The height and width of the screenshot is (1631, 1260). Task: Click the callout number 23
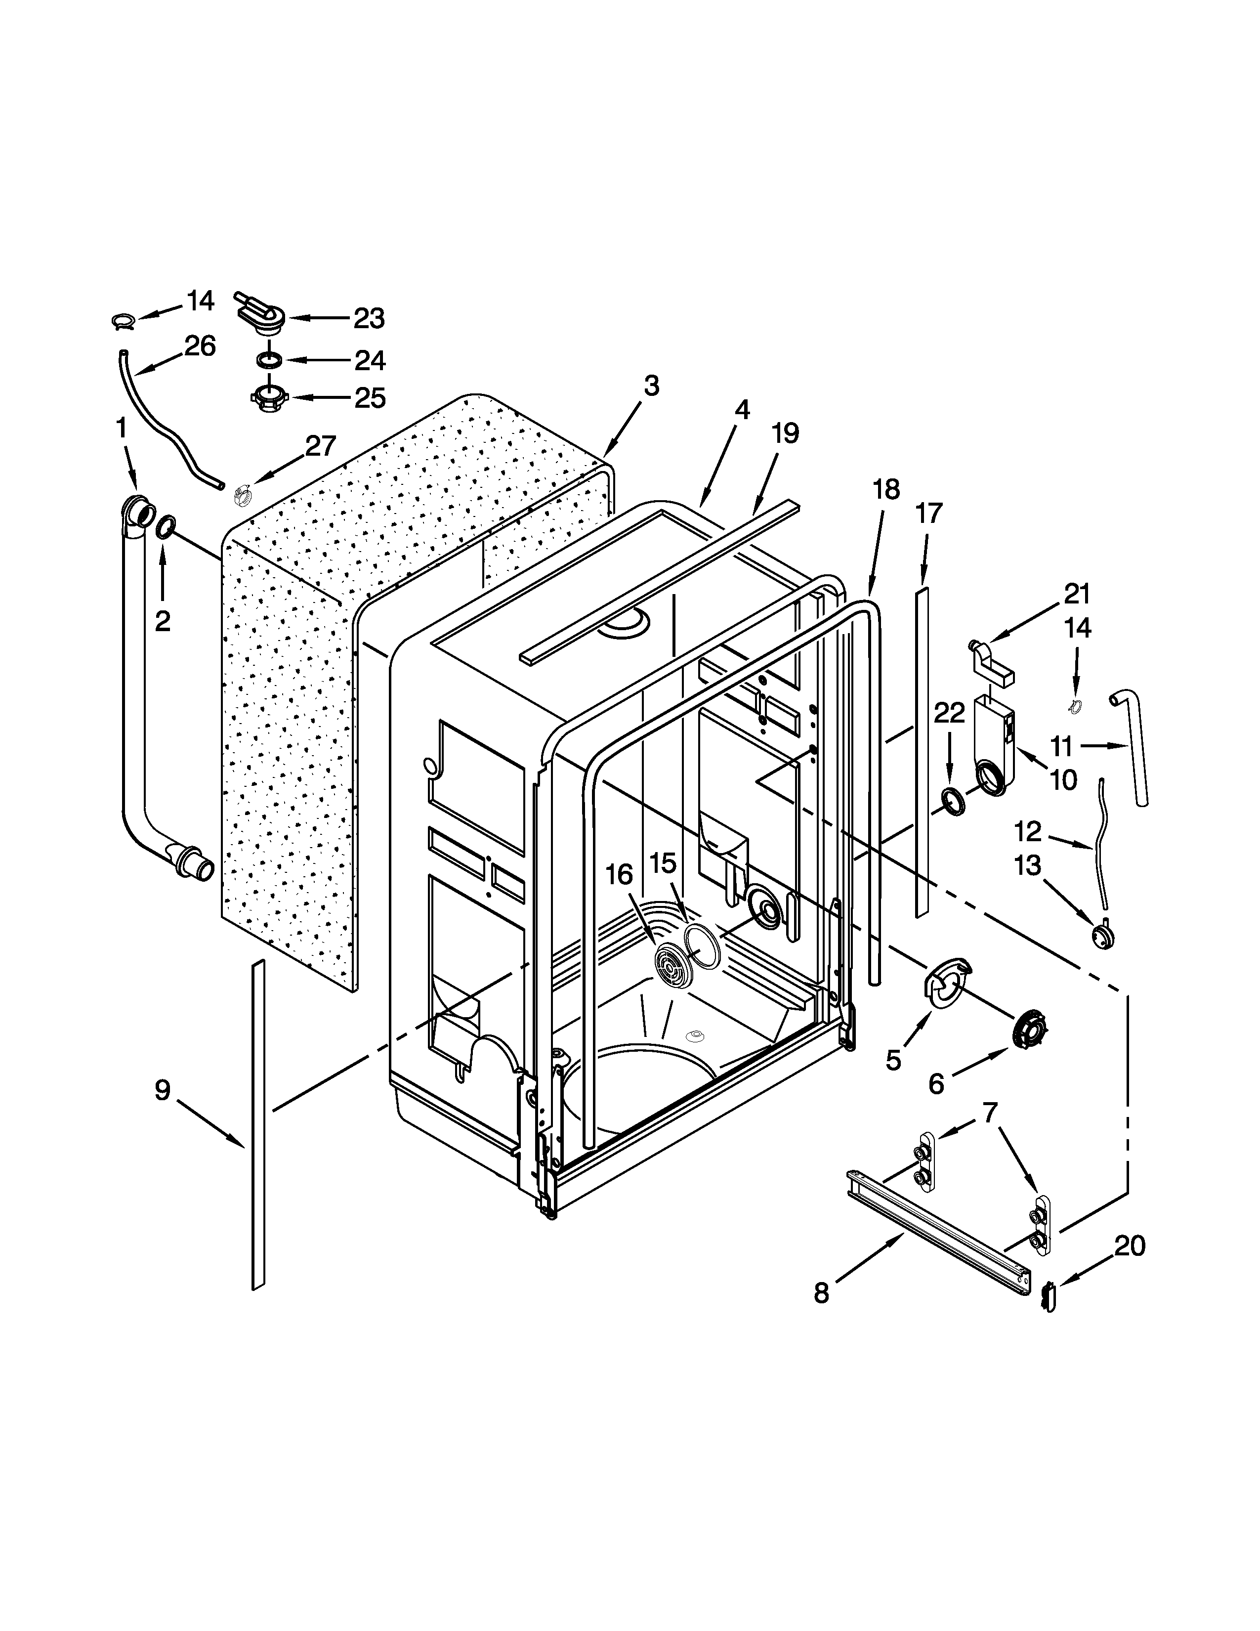[x=369, y=319]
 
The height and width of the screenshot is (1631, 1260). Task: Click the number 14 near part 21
[x=1078, y=628]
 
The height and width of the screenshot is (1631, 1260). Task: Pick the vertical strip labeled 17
[x=922, y=754]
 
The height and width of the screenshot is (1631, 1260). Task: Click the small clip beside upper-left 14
[x=123, y=321]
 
